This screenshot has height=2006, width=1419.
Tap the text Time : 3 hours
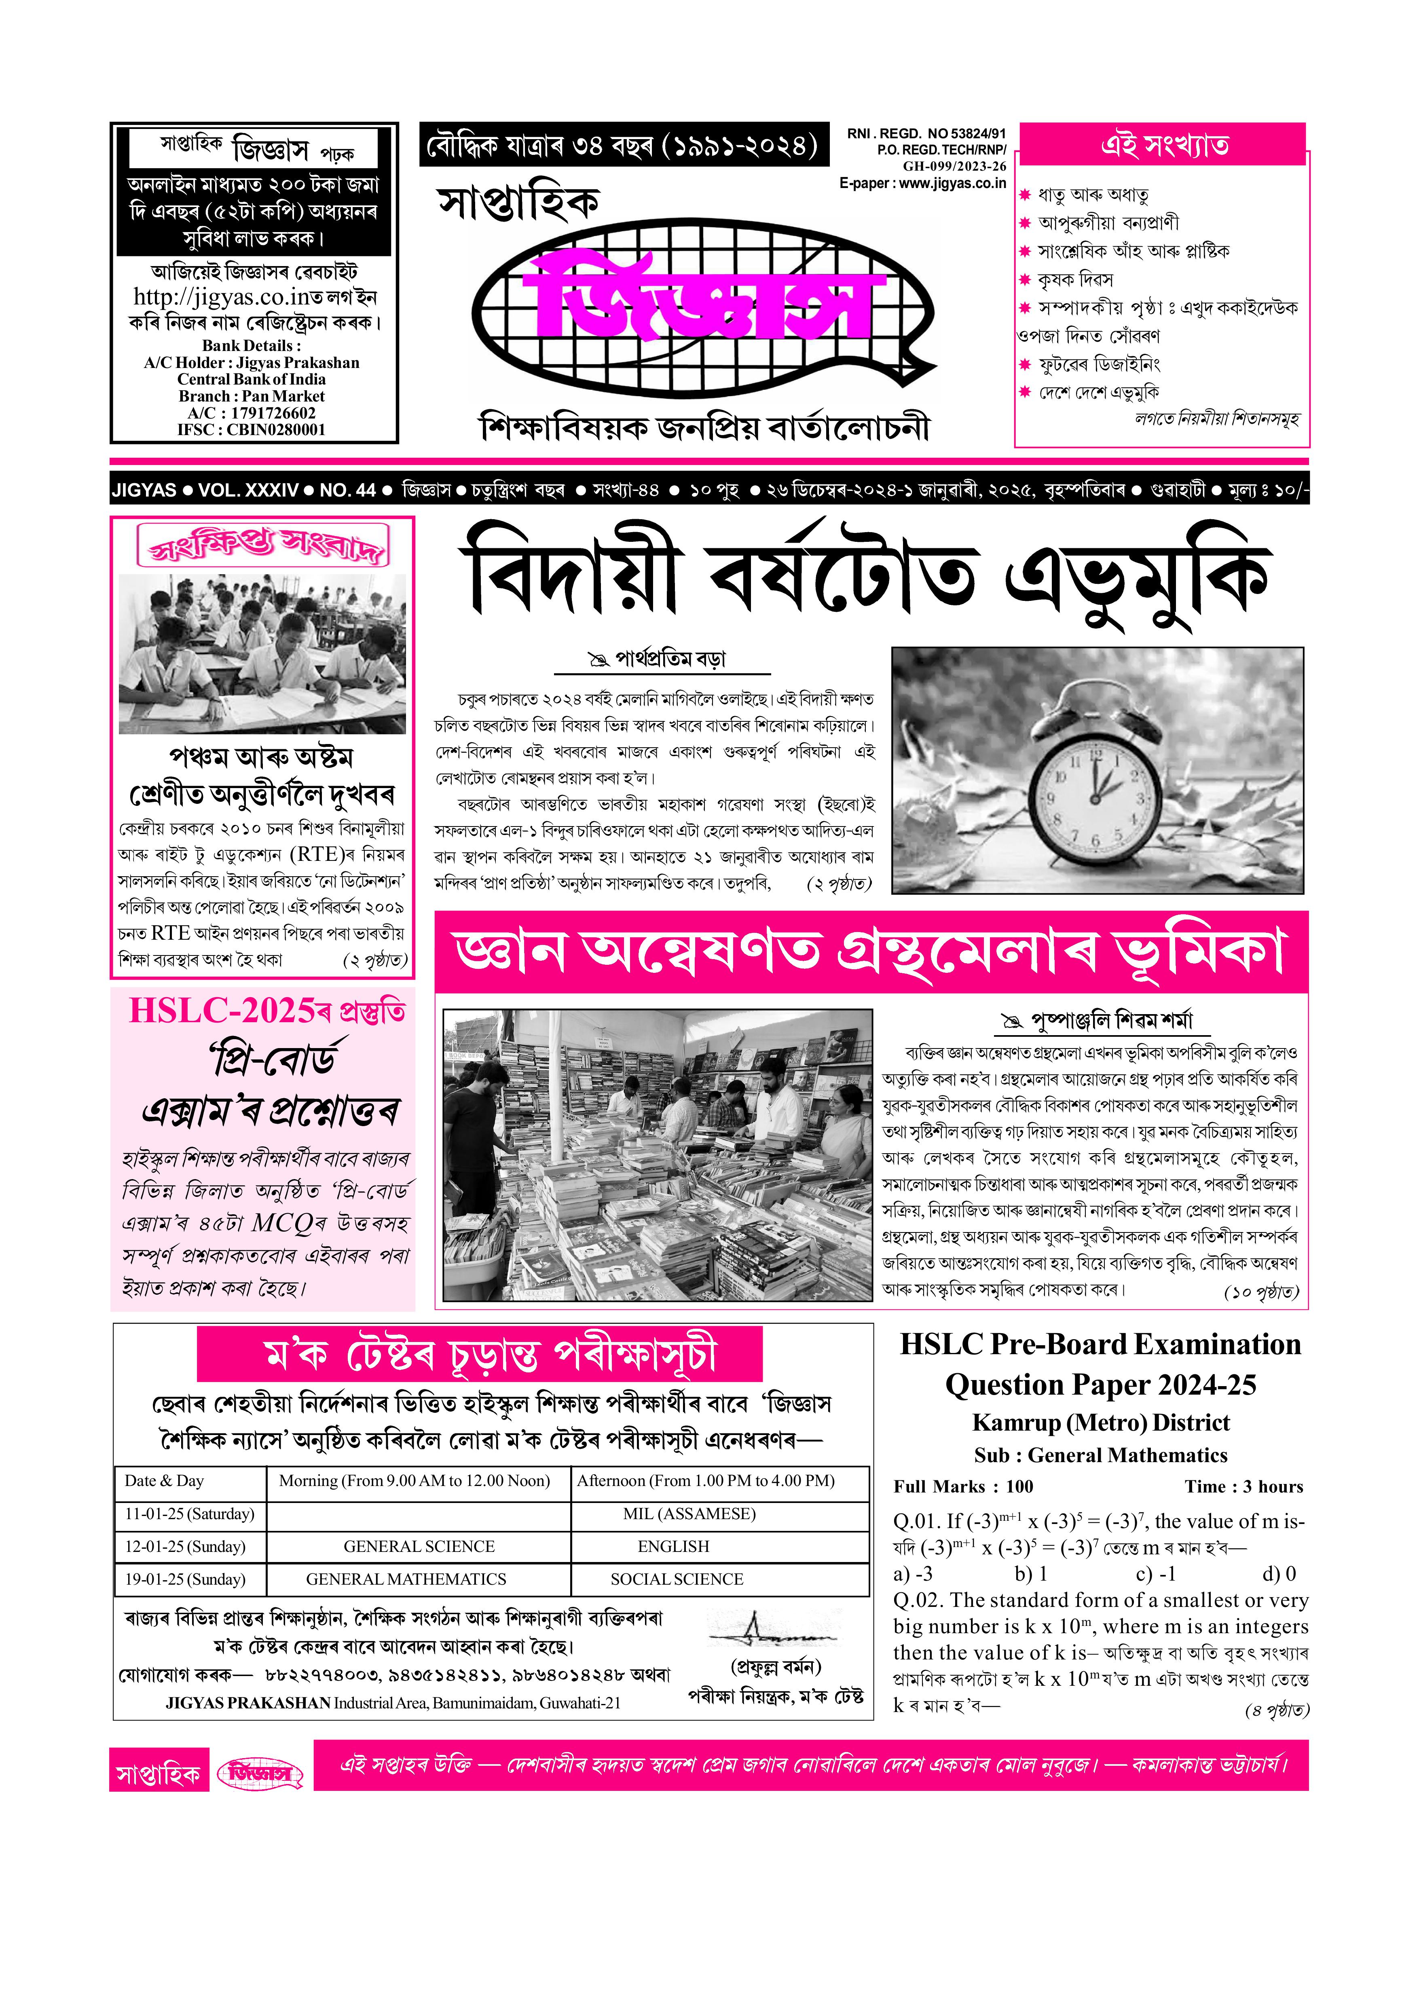1243,1487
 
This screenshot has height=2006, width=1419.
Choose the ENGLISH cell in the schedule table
673,1546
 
